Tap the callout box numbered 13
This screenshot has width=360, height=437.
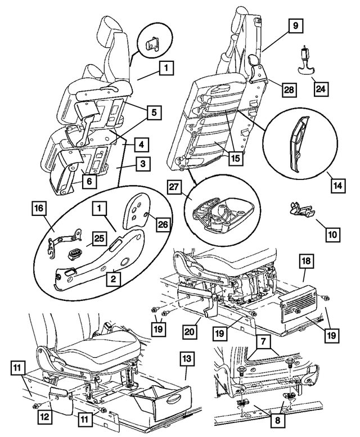pos(187,358)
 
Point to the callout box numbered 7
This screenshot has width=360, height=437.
pos(264,341)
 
